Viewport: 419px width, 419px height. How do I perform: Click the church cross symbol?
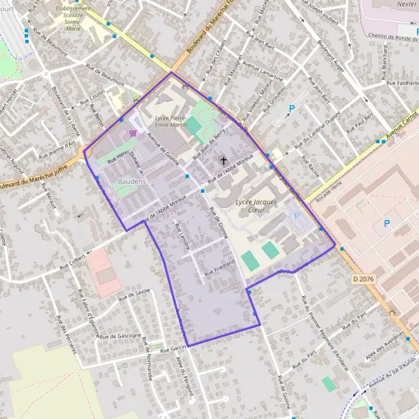(x=224, y=161)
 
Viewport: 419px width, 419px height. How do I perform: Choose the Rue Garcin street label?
(x=172, y=347)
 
